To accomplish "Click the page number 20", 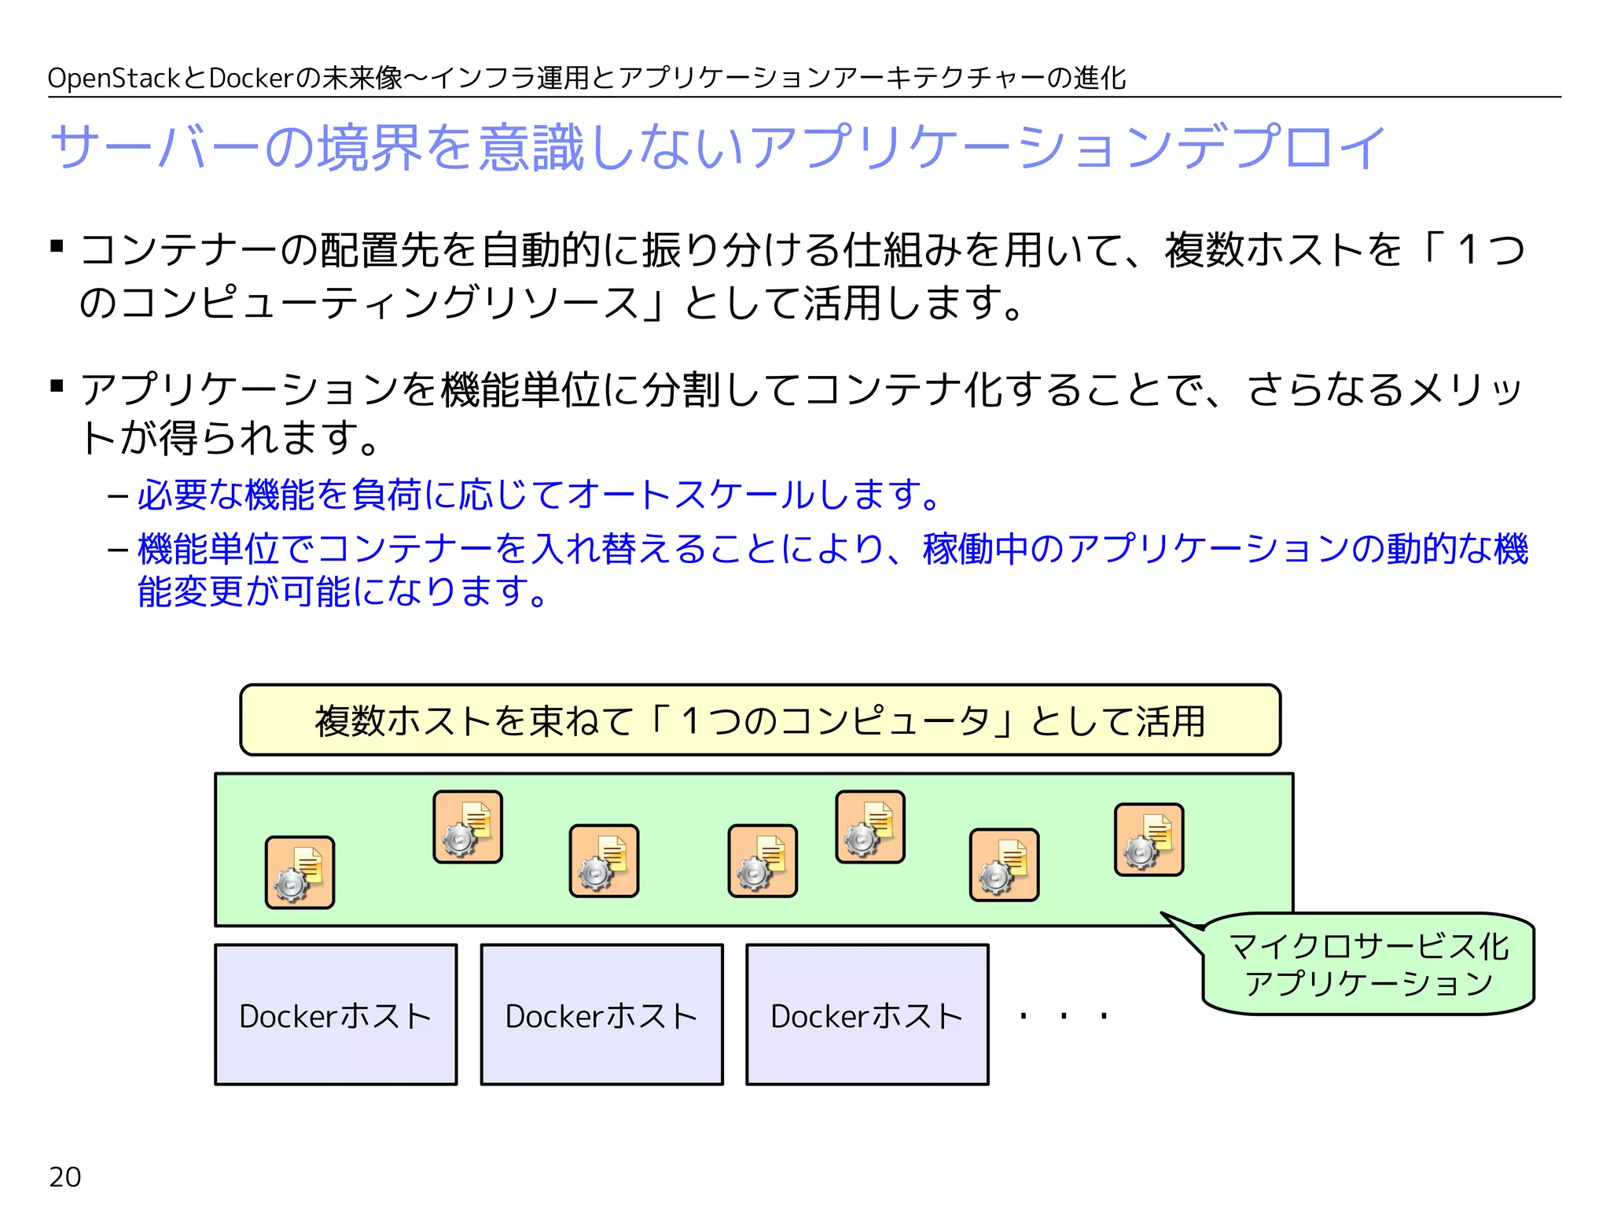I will click(64, 1177).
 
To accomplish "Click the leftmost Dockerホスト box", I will click(336, 1015).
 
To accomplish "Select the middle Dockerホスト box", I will click(601, 1015).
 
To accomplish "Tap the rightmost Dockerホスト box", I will click(867, 1015).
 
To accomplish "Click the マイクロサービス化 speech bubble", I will click(1368, 964).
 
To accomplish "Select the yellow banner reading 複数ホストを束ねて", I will click(760, 720).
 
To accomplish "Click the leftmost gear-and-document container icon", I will click(300, 872).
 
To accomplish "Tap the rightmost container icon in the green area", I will click(1149, 839).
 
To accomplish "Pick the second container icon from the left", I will click(468, 827).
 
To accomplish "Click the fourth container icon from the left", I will click(763, 861).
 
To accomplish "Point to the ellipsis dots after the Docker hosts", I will click(1064, 1017).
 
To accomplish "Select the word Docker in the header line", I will click(251, 79).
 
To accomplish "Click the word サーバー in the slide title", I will click(155, 147).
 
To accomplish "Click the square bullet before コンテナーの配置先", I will click(57, 246).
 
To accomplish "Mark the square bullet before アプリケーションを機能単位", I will click(57, 385).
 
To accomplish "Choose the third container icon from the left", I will click(604, 861).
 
